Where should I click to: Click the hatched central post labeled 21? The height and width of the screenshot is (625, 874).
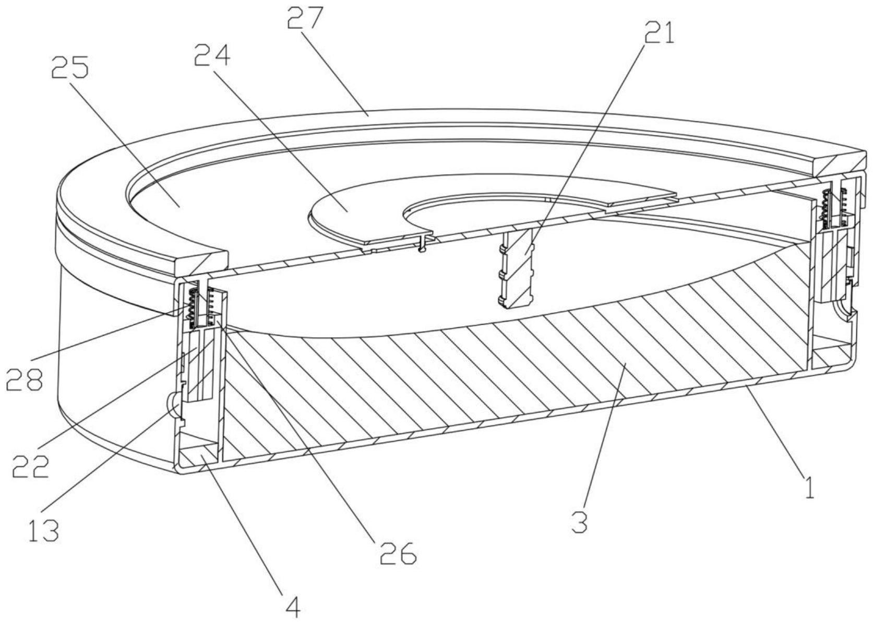coord(517,269)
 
